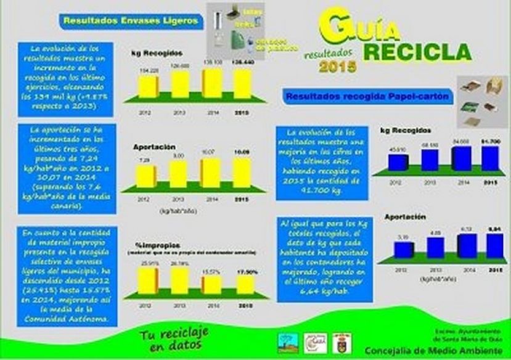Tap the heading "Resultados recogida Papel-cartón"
tap(367, 96)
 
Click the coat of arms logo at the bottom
tap(340, 341)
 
